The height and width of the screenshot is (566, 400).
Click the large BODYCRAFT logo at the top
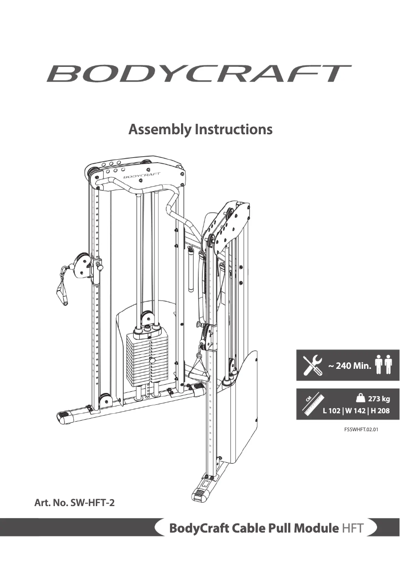click(x=199, y=73)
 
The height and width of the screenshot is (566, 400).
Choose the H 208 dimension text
click(x=380, y=411)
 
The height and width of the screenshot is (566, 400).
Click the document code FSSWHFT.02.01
click(x=358, y=428)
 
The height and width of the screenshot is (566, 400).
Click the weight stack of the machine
click(x=145, y=357)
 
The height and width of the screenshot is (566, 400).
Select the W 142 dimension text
click(x=355, y=411)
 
